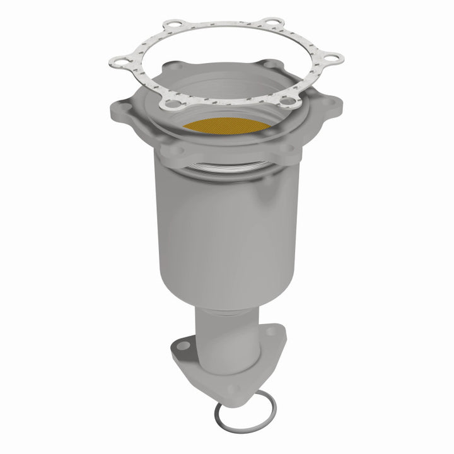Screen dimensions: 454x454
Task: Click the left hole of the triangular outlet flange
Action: click(x=181, y=346)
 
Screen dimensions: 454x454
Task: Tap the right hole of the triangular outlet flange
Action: click(x=276, y=339)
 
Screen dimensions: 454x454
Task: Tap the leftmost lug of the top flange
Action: click(x=120, y=109)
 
